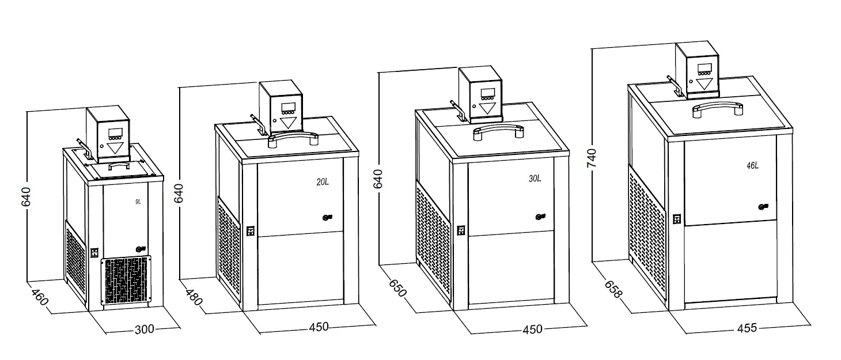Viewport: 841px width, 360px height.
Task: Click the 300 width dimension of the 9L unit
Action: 145,329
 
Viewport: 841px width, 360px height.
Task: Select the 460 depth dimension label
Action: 40,297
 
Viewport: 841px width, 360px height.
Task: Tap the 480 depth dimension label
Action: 194,297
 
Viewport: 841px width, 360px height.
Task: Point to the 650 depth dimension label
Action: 397,288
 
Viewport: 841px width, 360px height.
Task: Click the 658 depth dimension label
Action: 613,289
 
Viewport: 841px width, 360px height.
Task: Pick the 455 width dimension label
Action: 747,328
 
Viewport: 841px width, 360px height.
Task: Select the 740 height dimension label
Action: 592,158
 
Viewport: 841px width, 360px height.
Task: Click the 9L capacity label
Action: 138,202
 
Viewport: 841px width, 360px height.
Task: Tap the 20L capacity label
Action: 323,182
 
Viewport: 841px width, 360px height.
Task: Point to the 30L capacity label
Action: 535,179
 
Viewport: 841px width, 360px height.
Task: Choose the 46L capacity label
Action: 752,165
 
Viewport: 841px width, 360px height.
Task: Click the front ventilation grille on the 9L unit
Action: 126,280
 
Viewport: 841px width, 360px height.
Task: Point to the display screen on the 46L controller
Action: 704,68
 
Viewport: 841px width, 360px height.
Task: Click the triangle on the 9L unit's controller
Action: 115,147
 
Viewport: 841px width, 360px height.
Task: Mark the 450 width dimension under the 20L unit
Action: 319,327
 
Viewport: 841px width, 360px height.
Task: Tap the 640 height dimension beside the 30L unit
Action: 378,179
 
